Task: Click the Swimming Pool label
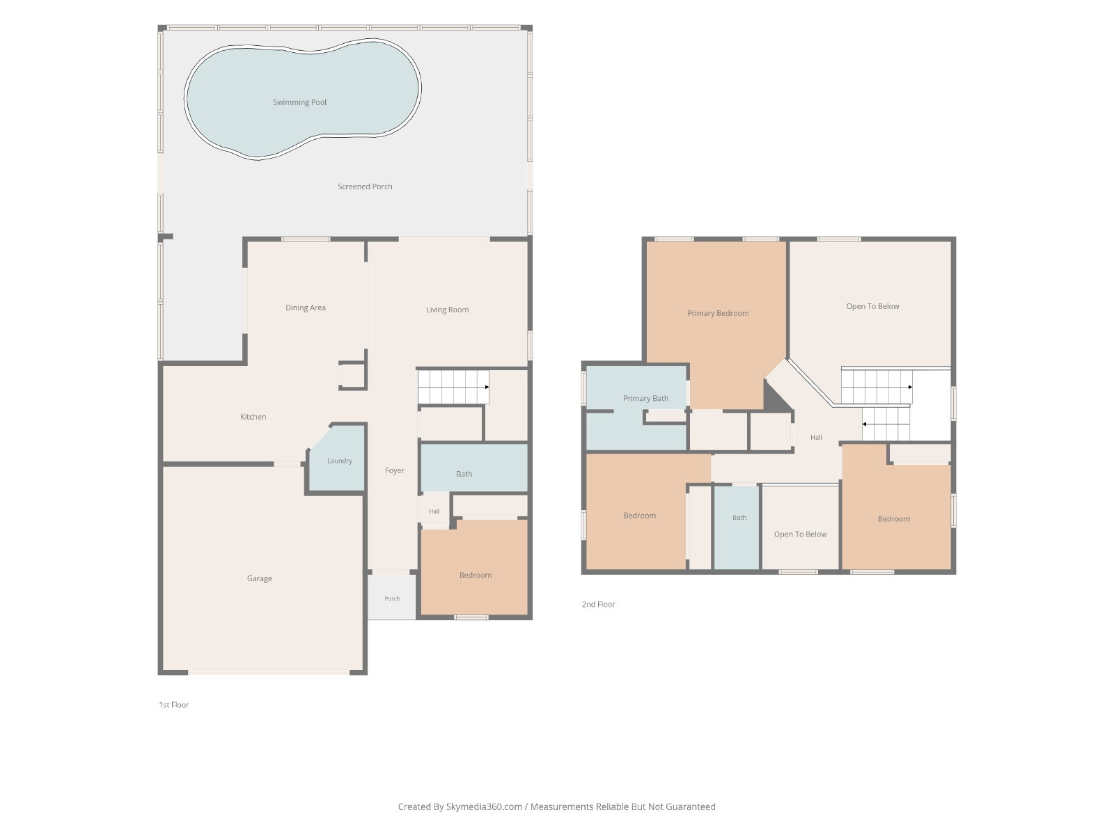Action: [299, 102]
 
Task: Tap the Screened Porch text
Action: [365, 186]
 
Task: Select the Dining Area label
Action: [306, 308]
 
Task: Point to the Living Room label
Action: [447, 310]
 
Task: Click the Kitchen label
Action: [253, 417]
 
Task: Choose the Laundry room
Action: [338, 458]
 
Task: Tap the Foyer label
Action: [394, 470]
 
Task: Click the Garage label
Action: [259, 578]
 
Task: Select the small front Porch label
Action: [392, 598]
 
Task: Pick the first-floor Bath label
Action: [464, 474]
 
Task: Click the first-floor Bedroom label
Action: [475, 575]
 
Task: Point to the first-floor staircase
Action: [453, 387]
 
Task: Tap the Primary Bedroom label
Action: [718, 313]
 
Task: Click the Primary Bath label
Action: [645, 399]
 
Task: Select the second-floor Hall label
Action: [816, 438]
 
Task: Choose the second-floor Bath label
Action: [739, 518]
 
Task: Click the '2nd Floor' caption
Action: [598, 604]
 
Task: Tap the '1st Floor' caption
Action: [173, 705]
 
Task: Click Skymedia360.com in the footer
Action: [484, 806]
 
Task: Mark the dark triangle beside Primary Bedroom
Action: [774, 399]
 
